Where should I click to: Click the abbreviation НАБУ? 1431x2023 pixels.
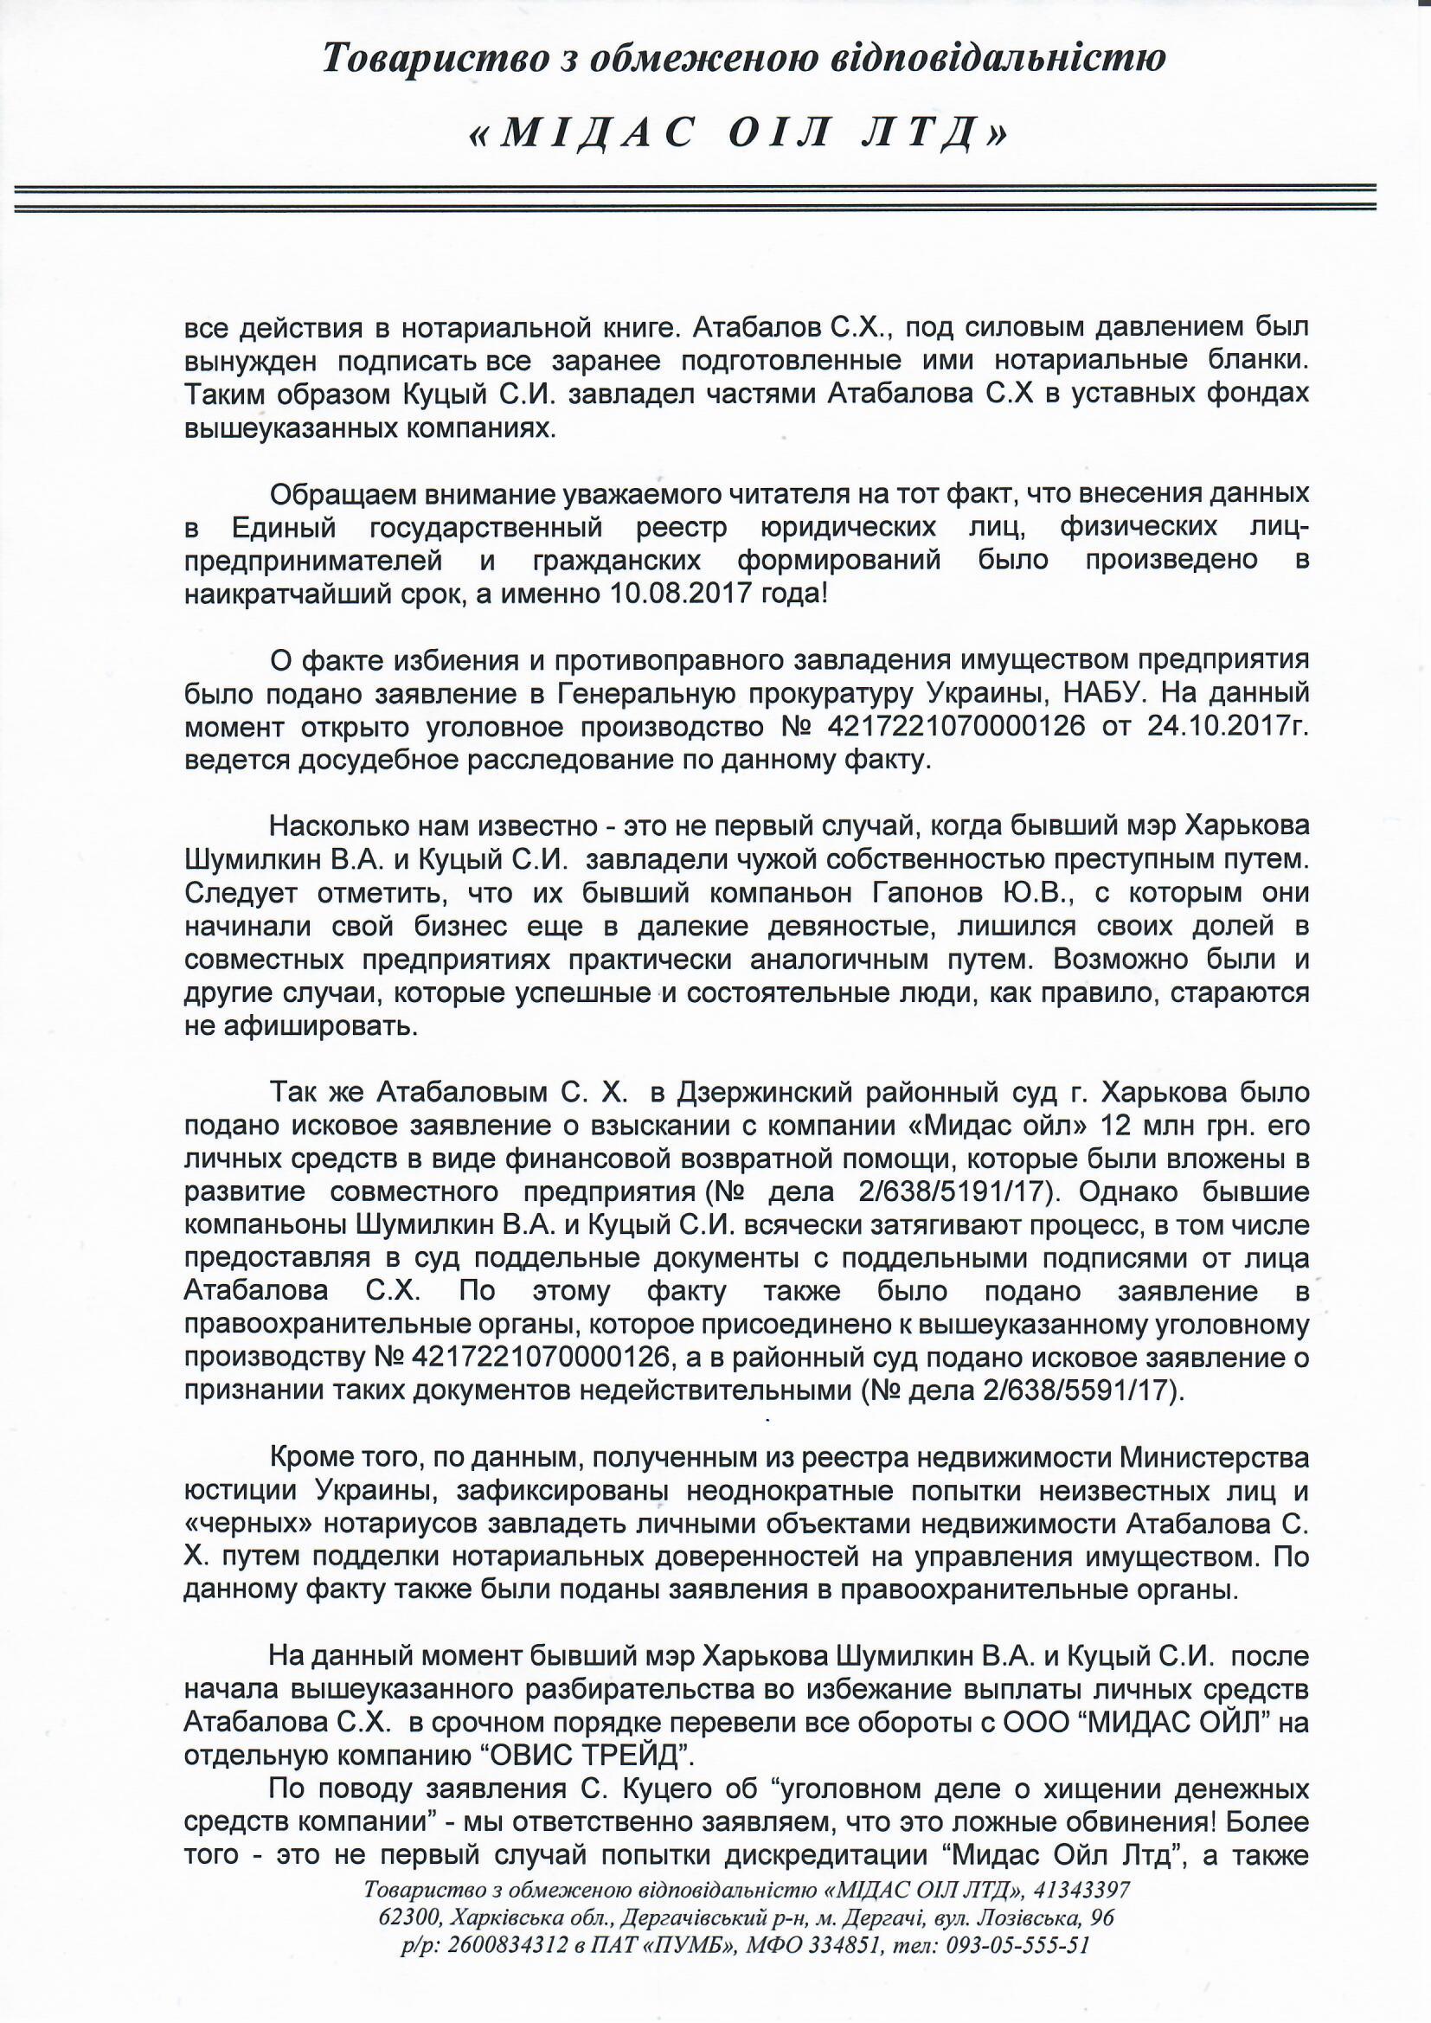coord(1096,692)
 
